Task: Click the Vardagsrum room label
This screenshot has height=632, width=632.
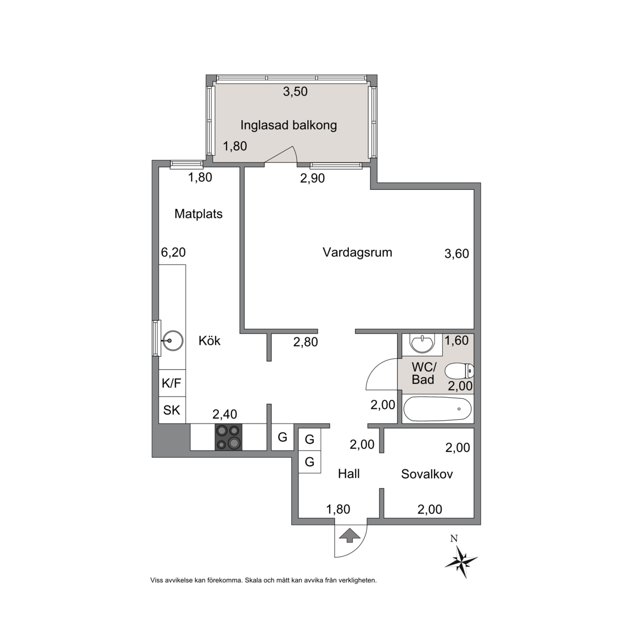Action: click(x=357, y=253)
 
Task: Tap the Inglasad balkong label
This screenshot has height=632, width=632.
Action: click(x=289, y=125)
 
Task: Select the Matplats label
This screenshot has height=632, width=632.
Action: click(x=198, y=213)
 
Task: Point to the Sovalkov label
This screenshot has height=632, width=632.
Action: click(x=427, y=474)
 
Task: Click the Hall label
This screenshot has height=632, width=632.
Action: click(x=349, y=474)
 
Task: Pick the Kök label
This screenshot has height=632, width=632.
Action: click(x=210, y=341)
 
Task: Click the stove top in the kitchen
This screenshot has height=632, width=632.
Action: click(x=228, y=437)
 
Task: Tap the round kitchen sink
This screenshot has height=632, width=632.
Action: click(x=172, y=341)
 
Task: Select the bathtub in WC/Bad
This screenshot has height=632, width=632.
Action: click(x=437, y=409)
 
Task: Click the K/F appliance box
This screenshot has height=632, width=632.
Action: click(x=172, y=383)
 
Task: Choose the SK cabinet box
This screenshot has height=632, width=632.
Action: click(x=172, y=410)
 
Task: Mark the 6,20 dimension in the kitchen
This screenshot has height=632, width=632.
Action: click(x=173, y=253)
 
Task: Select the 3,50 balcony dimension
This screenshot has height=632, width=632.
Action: click(x=295, y=92)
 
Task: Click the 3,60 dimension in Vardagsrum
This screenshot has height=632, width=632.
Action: click(x=456, y=254)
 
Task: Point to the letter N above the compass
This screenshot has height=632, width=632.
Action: click(x=454, y=539)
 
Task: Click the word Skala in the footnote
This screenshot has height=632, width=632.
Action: click(x=253, y=580)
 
